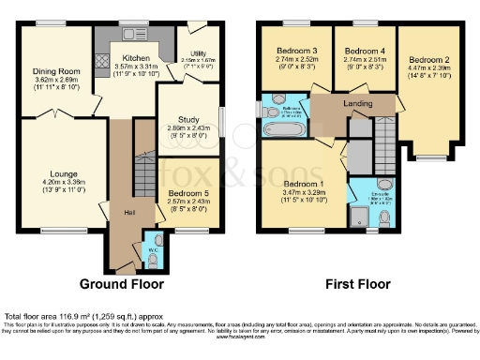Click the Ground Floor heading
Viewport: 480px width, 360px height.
[x=121, y=283]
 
